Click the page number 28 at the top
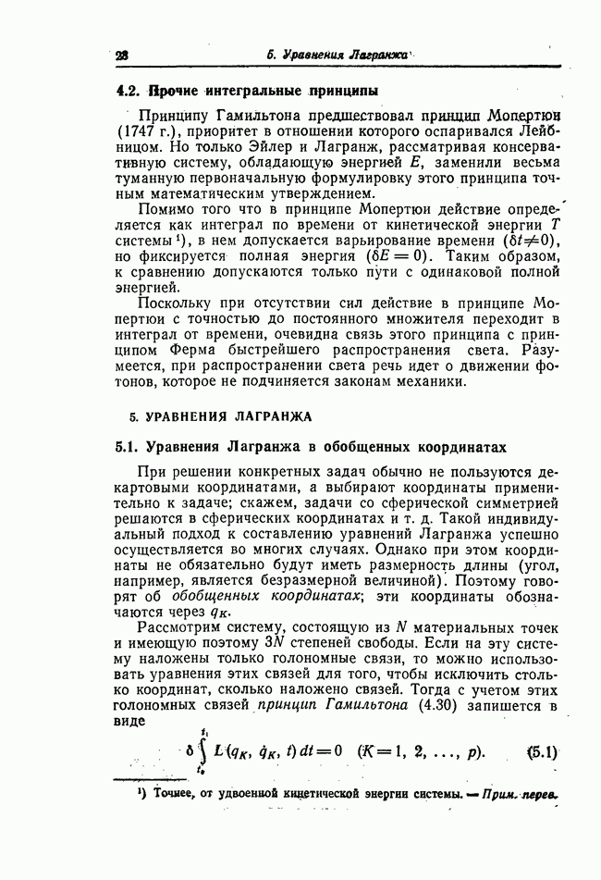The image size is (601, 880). pyautogui.click(x=121, y=56)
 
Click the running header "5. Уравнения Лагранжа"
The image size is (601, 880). pyautogui.click(x=337, y=55)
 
